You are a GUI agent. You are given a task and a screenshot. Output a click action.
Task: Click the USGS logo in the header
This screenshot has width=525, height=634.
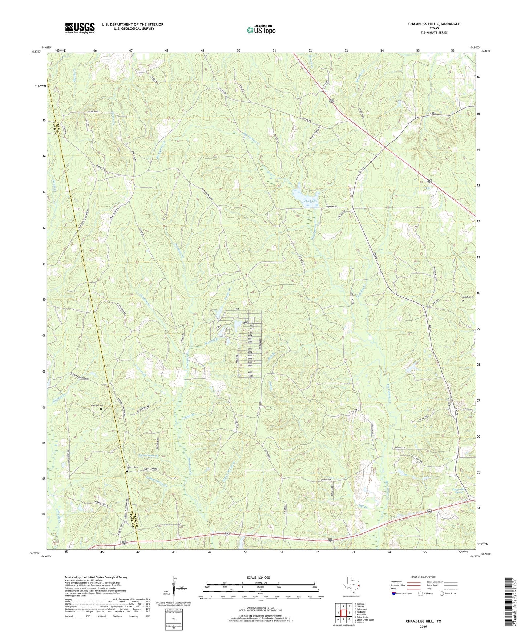80,28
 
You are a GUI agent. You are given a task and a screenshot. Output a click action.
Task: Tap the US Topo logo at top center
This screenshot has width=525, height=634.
261,29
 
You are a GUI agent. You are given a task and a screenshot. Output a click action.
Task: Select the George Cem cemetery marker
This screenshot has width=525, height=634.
101,409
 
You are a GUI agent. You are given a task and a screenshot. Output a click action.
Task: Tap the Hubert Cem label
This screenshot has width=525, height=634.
132,467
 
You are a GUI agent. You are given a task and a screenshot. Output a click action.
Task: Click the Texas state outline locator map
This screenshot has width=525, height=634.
351,585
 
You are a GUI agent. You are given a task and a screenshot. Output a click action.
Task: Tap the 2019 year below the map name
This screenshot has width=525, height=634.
423,626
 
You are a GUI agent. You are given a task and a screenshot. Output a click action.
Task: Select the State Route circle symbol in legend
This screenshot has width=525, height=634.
442,593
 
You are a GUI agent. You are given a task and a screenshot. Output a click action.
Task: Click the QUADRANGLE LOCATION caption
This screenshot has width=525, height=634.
351,596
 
